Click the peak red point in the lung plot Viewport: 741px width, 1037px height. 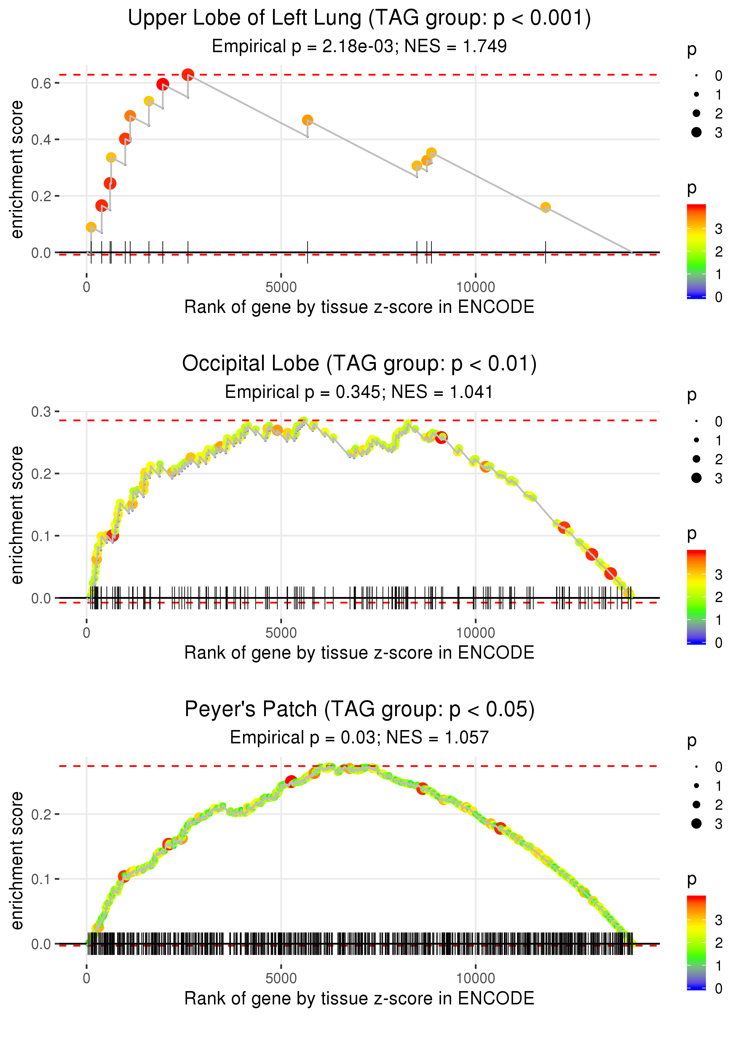point(188,75)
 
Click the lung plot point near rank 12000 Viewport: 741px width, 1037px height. point(545,207)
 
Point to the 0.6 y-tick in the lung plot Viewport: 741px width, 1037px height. point(41,84)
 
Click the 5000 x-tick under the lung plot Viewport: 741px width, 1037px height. point(281,287)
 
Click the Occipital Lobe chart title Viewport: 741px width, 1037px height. point(359,364)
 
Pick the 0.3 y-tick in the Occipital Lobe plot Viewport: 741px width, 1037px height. point(41,412)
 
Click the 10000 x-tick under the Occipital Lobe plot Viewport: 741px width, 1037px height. point(475,633)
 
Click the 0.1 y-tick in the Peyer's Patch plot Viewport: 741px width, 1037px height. point(41,879)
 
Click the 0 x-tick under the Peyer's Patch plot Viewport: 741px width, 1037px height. point(87,979)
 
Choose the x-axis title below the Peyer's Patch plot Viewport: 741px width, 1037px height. point(359,999)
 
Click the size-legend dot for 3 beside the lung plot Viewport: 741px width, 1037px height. point(696,132)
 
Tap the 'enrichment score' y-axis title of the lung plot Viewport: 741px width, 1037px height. point(17,170)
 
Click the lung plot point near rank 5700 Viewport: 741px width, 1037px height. point(308,120)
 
